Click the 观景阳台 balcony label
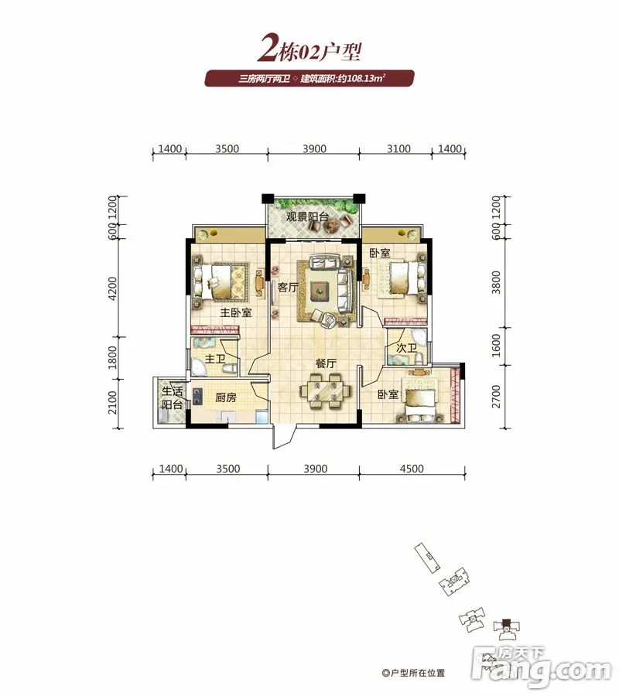(x=307, y=217)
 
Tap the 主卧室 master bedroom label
(x=236, y=312)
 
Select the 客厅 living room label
(x=288, y=287)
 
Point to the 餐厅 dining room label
(x=326, y=363)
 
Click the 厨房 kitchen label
(x=226, y=397)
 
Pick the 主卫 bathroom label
(x=215, y=358)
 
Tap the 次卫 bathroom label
(x=406, y=348)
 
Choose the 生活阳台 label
(x=173, y=397)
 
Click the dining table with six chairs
(x=326, y=391)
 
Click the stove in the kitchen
(x=197, y=397)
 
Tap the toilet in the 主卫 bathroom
(x=230, y=368)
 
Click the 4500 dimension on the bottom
(x=412, y=469)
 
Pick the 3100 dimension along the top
(x=398, y=148)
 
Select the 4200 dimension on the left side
(x=113, y=288)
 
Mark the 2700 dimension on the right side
(x=496, y=397)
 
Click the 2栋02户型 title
(x=309, y=49)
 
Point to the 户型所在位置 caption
(x=413, y=673)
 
